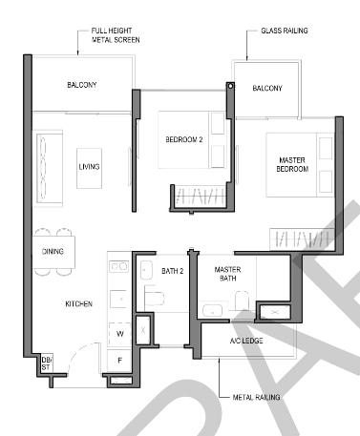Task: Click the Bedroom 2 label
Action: (184, 139)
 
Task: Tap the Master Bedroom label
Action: (292, 164)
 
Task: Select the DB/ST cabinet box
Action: (47, 363)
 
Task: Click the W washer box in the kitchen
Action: (119, 334)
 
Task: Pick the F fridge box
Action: (119, 361)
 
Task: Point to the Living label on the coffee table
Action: (89, 167)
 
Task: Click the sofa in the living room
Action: (49, 168)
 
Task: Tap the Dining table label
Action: (53, 252)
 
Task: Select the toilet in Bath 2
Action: (155, 298)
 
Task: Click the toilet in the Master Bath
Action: (243, 300)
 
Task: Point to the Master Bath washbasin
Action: (212, 311)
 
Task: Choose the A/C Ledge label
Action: (246, 341)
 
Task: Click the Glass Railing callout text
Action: (285, 31)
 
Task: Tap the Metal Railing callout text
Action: (256, 397)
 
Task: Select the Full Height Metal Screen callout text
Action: (116, 35)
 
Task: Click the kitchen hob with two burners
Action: (119, 266)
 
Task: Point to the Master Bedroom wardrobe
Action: (302, 239)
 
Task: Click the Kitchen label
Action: (79, 304)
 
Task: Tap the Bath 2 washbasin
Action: (146, 270)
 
